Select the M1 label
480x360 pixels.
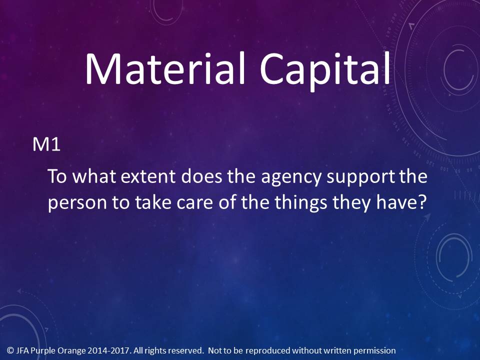click(x=46, y=144)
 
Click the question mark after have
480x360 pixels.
click(x=422, y=201)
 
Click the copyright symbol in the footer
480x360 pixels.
click(x=10, y=350)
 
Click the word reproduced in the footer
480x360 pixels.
click(x=268, y=351)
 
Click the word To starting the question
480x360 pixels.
click(x=57, y=176)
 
